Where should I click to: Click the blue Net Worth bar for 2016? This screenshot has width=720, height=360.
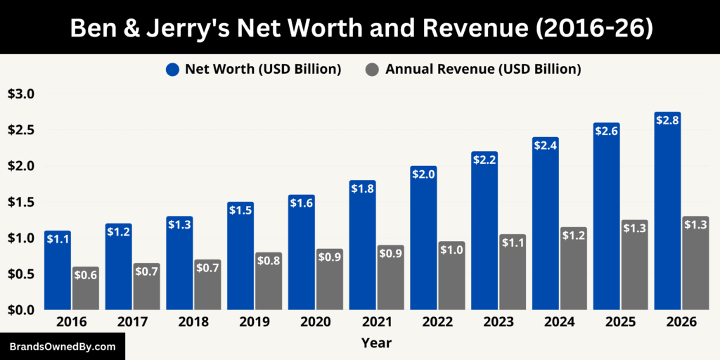58,271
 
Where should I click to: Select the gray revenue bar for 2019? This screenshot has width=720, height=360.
268,281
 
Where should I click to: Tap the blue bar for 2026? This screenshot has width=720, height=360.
667,211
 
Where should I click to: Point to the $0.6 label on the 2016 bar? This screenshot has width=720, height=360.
85,276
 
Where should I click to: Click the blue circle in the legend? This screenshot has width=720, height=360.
173,69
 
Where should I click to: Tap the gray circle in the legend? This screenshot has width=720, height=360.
372,69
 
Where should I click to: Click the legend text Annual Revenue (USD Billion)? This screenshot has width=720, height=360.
482,69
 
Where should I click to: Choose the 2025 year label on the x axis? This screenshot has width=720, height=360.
620,322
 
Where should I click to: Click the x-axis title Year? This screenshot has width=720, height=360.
376,344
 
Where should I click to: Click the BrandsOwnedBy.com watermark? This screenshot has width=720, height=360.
62,347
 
